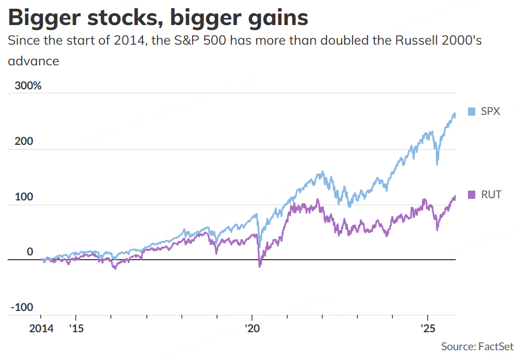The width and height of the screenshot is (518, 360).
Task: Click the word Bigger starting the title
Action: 41,17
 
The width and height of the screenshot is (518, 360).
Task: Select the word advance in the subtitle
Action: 33,61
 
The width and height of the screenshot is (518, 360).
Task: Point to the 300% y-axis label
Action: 24,86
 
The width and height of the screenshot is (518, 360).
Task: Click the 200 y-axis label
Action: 23,142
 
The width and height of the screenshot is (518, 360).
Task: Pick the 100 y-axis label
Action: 23,197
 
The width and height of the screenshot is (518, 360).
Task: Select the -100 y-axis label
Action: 22,307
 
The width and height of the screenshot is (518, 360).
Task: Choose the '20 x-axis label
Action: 252,329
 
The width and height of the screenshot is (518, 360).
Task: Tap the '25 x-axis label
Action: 428,329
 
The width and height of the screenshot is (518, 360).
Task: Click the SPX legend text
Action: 490,112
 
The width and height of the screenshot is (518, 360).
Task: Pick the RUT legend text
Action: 491,194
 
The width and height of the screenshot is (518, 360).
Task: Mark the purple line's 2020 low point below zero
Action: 260,266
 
